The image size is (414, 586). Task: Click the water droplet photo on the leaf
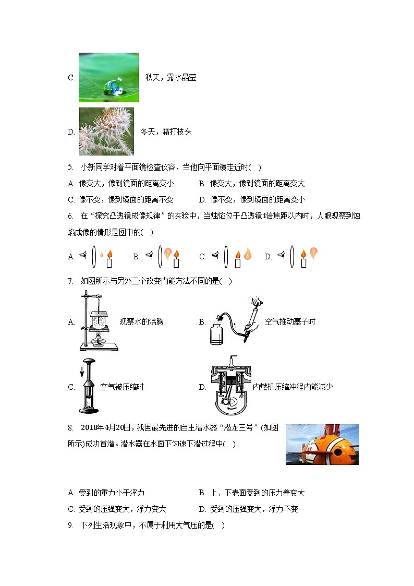point(108,77)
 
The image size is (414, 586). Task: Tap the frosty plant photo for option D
point(106,131)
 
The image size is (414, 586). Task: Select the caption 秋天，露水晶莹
point(171,78)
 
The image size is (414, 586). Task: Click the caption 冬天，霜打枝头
point(166,132)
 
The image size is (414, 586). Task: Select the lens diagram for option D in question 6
point(299,256)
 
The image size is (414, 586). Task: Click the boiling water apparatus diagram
point(98,321)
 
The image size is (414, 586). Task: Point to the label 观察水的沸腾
point(141,322)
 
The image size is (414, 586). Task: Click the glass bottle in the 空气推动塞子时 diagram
point(217,334)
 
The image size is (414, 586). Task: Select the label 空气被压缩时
point(122,387)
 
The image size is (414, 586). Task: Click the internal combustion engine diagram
point(230,387)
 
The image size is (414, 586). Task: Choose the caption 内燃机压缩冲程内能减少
point(293,387)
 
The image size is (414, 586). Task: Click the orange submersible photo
point(322,444)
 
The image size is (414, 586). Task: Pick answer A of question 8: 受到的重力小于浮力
point(106,493)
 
